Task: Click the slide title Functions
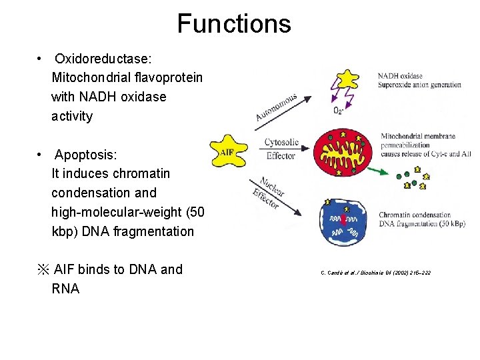[x=234, y=24]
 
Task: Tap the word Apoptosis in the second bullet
[x=85, y=155]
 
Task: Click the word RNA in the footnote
[x=65, y=289]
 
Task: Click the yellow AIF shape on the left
[x=227, y=151]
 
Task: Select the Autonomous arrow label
[x=275, y=107]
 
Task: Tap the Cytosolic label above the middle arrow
[x=281, y=142]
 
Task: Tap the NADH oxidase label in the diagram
[x=400, y=76]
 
